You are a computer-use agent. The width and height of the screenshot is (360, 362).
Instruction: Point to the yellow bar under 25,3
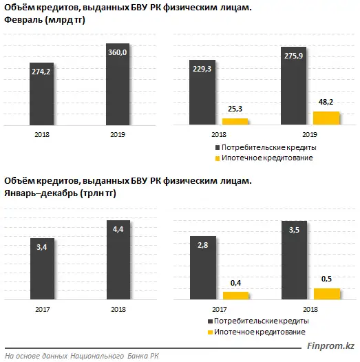click(x=235, y=121)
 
